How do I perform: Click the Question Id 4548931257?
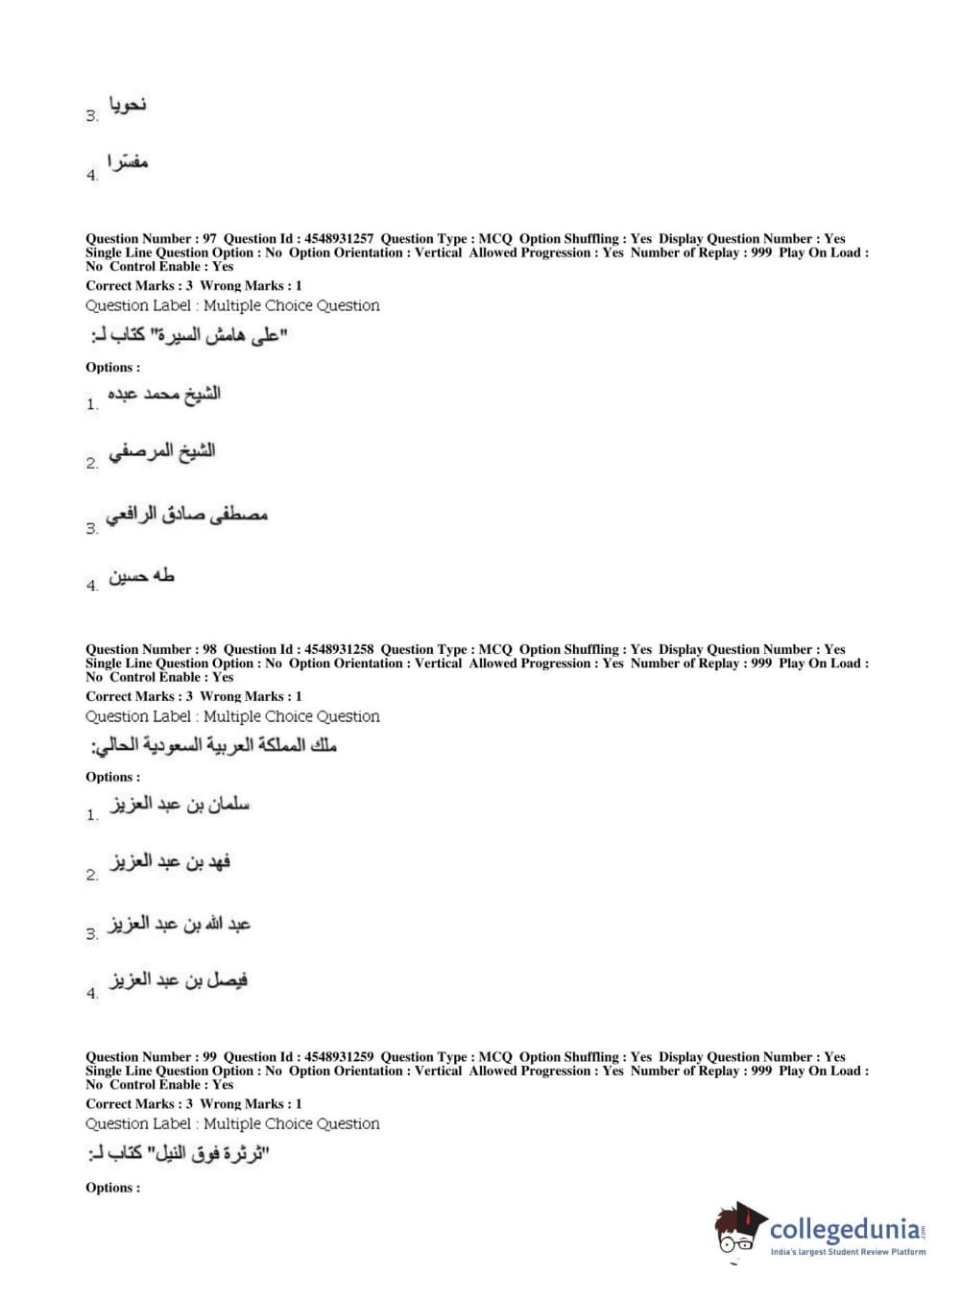pyautogui.click(x=339, y=239)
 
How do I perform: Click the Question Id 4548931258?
pyautogui.click(x=339, y=650)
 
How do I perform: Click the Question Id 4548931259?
pyautogui.click(x=339, y=1057)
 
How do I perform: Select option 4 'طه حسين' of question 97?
pyautogui.click(x=141, y=577)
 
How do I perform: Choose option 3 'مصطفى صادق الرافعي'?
pyautogui.click(x=186, y=516)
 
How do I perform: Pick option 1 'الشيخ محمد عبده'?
pyautogui.click(x=163, y=394)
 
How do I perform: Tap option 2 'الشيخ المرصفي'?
pyautogui.click(x=161, y=452)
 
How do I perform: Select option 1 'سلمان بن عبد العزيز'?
pyautogui.click(x=180, y=805)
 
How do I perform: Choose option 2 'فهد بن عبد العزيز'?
pyautogui.click(x=170, y=862)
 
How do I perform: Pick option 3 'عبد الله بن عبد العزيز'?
pyautogui.click(x=180, y=924)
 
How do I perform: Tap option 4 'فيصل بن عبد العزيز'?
pyautogui.click(x=179, y=981)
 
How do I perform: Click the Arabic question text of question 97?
pyautogui.click(x=189, y=336)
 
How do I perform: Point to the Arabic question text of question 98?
pyautogui.click(x=213, y=746)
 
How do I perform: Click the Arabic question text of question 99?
pyautogui.click(x=179, y=1153)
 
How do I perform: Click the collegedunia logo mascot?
pyautogui.click(x=739, y=1230)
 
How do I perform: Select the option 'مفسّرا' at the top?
pyautogui.click(x=128, y=163)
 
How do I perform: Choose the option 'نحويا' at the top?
pyautogui.click(x=128, y=105)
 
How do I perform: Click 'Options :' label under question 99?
pyautogui.click(x=112, y=1188)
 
